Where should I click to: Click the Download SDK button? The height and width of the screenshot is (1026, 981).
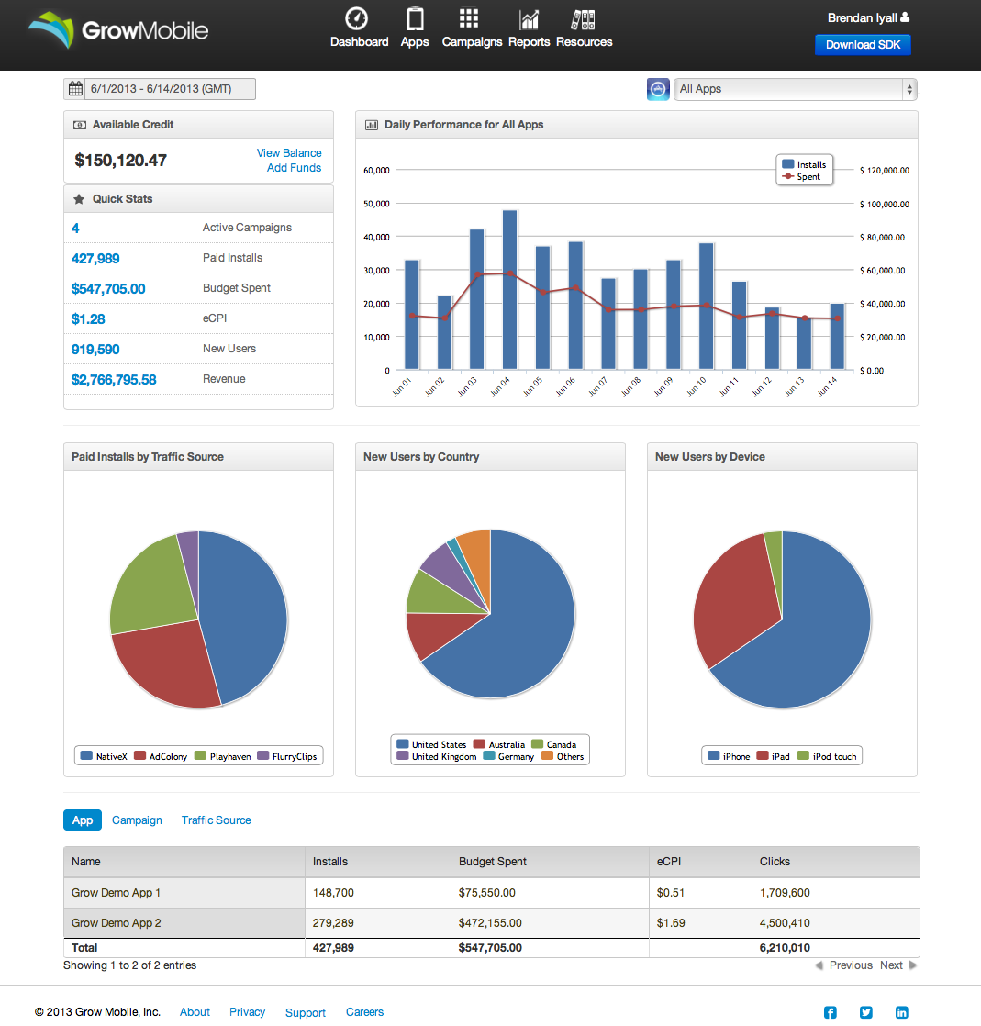pos(862,45)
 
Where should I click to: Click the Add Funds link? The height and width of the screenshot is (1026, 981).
pos(294,168)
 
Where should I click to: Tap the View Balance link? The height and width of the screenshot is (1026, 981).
pos(289,153)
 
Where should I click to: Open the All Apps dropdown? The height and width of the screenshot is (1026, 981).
pos(795,89)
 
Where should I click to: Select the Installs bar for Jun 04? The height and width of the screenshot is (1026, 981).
pos(509,289)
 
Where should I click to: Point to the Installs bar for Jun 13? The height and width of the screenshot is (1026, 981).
pos(804,344)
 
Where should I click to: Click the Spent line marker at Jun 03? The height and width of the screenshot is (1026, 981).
pos(477,274)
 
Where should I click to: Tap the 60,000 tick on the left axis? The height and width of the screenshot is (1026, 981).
pos(377,170)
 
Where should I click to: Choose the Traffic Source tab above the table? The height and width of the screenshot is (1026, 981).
pos(216,820)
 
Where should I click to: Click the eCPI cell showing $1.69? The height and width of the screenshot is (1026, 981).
pos(671,923)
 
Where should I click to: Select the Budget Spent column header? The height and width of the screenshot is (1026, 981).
pos(493,862)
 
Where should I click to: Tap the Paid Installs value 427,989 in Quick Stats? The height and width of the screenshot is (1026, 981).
pos(95,259)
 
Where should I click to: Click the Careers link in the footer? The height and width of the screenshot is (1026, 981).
pos(364,1012)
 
